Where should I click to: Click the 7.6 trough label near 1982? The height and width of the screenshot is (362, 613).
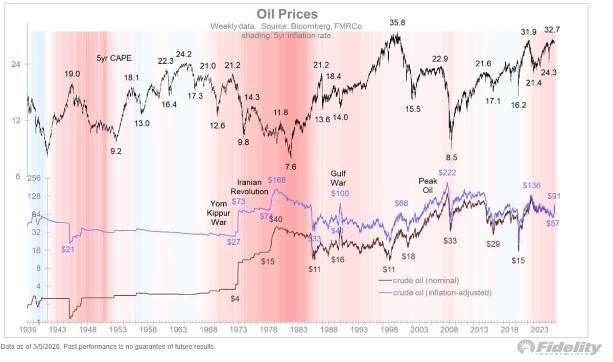coord(291,166)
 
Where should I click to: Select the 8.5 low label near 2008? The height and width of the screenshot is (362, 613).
coord(452,158)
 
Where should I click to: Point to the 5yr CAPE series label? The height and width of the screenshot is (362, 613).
coord(114,58)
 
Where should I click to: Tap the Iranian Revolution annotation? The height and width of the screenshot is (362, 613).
coord(253,187)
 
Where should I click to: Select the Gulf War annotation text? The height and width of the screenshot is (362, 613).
coord(338,177)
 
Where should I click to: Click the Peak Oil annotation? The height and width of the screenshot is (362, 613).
coord(428,185)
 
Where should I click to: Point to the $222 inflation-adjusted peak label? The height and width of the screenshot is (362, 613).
coord(447,173)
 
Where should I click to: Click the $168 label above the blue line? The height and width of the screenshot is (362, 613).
coord(277,180)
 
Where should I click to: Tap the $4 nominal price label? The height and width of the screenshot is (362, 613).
coord(234,299)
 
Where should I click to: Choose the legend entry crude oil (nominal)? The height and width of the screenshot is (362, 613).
coord(426,280)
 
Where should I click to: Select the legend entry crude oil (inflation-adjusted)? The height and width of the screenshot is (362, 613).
coord(441,293)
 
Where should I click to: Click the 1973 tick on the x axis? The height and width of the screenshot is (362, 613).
coord(238,329)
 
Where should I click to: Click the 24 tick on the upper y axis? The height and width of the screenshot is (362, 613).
coord(15,64)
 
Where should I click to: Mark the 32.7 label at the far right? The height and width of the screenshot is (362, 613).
coord(552,30)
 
